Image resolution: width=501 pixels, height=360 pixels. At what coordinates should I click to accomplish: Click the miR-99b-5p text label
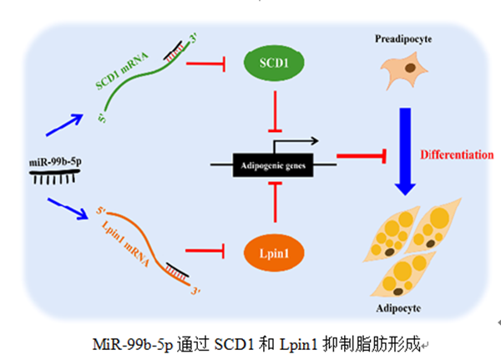[48, 159]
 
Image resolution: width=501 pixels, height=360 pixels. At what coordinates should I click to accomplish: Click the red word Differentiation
[458, 155]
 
